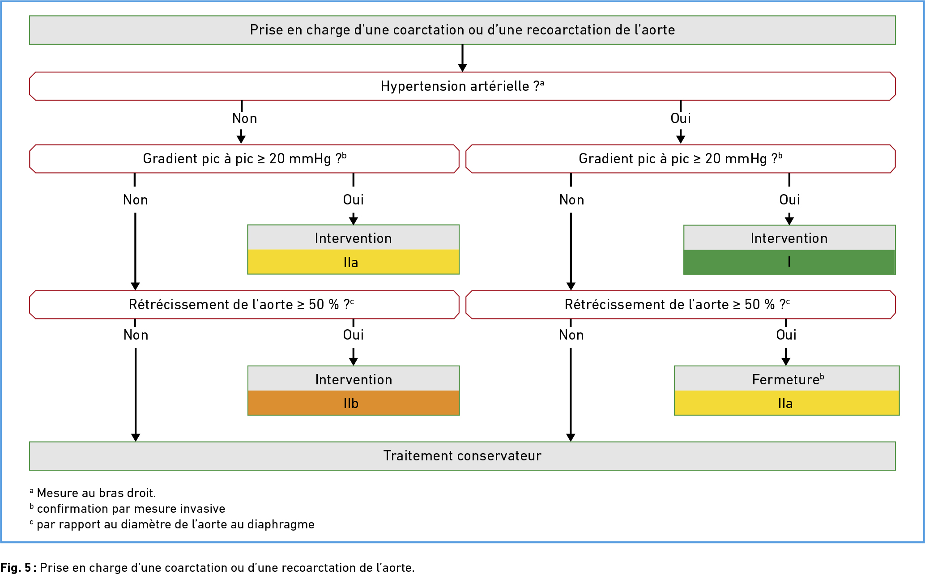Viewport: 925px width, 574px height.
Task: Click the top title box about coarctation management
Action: (462, 30)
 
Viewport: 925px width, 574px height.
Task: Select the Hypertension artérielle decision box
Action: (462, 86)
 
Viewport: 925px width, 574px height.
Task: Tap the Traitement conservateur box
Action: (462, 456)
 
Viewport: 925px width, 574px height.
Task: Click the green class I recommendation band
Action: (789, 262)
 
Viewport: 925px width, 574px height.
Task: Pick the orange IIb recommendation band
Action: (354, 403)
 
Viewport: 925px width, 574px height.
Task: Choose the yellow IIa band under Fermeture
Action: (787, 403)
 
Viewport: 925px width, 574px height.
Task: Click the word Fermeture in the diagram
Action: (785, 380)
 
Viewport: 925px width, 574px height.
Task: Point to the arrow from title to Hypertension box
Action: (462, 58)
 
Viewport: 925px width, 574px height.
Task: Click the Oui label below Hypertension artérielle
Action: (681, 119)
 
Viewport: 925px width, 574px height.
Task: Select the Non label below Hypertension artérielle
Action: (244, 119)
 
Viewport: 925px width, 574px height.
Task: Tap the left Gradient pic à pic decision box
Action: (244, 159)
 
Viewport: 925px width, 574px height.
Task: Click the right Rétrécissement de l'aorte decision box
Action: (681, 305)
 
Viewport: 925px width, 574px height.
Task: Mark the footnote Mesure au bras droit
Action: (93, 493)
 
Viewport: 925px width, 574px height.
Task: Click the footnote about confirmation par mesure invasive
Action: (128, 509)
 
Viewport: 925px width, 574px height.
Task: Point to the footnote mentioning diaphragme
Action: (172, 524)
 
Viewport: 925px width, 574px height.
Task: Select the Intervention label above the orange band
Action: (354, 380)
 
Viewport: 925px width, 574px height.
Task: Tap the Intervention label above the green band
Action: (789, 238)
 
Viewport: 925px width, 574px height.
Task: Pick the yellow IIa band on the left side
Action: (354, 262)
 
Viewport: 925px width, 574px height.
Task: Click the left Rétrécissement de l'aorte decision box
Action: (244, 305)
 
